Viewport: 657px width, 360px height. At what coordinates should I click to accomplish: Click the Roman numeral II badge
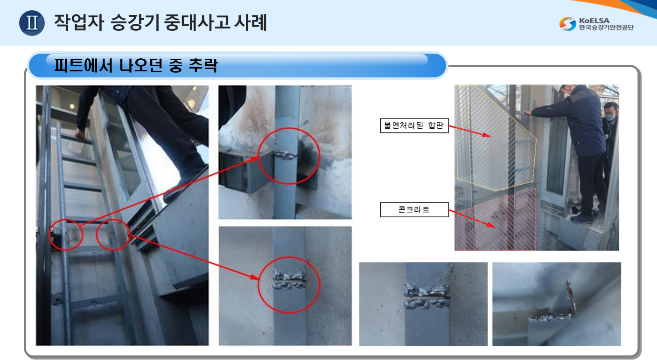[x=32, y=23]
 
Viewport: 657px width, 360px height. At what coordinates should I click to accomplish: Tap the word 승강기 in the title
[x=135, y=22]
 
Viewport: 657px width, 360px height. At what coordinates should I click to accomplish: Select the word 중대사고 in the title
[x=197, y=22]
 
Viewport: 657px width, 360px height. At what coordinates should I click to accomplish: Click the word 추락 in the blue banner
[x=203, y=65]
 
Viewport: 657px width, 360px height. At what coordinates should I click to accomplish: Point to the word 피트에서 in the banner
[x=84, y=65]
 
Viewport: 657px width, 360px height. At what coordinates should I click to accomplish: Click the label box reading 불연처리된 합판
[x=414, y=125]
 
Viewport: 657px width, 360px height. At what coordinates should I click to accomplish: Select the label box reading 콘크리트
[x=414, y=209]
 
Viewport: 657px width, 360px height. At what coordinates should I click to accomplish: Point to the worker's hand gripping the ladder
[x=80, y=133]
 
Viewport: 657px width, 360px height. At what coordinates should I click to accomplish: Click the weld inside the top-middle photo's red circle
[x=285, y=155]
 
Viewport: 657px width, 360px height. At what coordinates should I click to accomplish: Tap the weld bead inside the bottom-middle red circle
[x=289, y=280]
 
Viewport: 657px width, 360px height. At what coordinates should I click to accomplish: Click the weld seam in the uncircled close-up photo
[x=427, y=296]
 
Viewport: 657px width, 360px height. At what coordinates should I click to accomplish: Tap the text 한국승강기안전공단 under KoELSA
[x=606, y=28]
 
